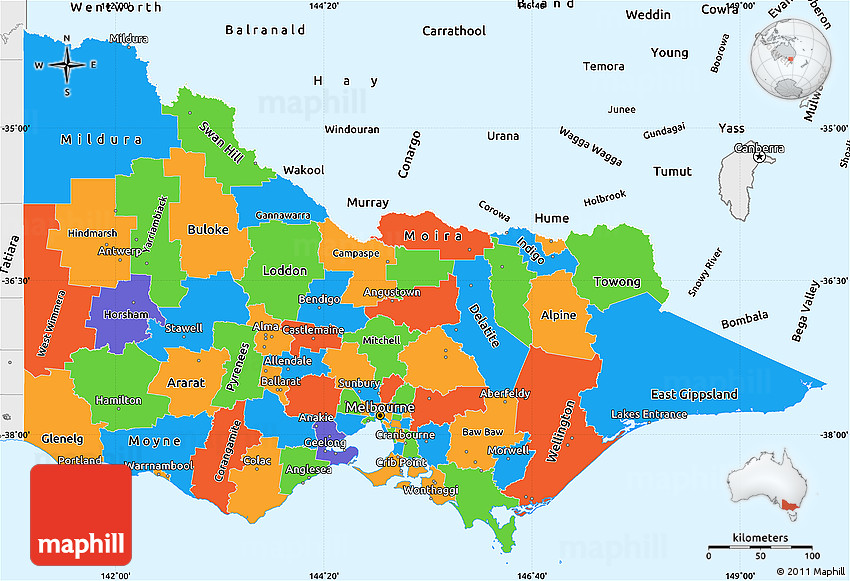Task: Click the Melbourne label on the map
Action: (x=379, y=409)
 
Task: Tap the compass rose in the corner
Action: (x=67, y=66)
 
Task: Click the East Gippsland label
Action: (x=694, y=394)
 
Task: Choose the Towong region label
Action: (x=616, y=282)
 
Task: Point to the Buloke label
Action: (x=207, y=230)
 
